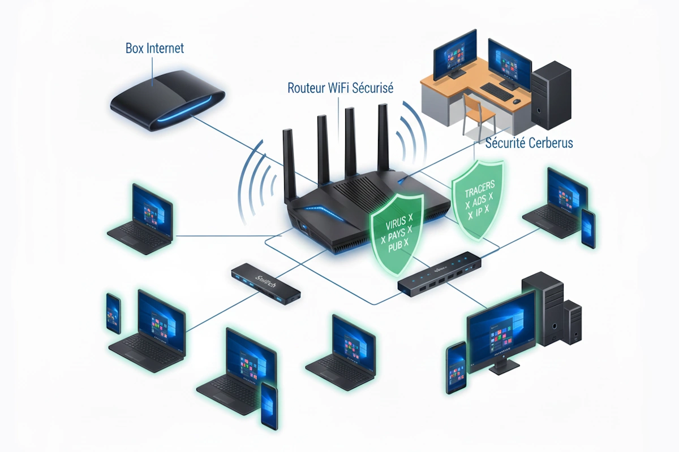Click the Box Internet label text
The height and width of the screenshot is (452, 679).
click(154, 48)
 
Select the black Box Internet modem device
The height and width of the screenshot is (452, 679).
click(167, 101)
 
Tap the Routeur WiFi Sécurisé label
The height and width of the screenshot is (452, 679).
click(341, 88)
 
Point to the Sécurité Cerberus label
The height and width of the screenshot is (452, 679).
click(529, 143)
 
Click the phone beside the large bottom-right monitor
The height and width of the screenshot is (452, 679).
click(455, 367)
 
